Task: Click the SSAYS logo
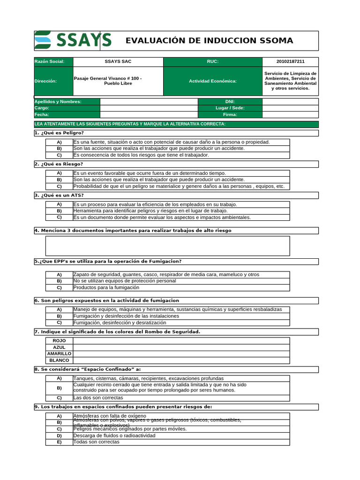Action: (73, 40)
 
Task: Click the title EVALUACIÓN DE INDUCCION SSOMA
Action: (209, 41)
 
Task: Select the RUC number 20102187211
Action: (290, 62)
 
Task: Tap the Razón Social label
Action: (46, 62)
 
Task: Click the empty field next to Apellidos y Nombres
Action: (149, 102)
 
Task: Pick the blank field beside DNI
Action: (290, 102)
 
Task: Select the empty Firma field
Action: (290, 114)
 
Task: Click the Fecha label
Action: (42, 114)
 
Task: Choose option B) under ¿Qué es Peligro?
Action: (60, 149)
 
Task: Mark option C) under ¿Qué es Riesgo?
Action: (60, 186)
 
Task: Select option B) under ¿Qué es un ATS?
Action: (60, 211)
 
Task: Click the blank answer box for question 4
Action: (167, 246)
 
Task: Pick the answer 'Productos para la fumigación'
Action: (106, 287)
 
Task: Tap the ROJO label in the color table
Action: (60, 341)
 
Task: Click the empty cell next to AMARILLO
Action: (181, 354)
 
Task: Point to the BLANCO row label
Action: (60, 360)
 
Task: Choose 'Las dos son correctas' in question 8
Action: (98, 398)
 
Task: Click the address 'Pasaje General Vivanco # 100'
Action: (108, 78)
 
